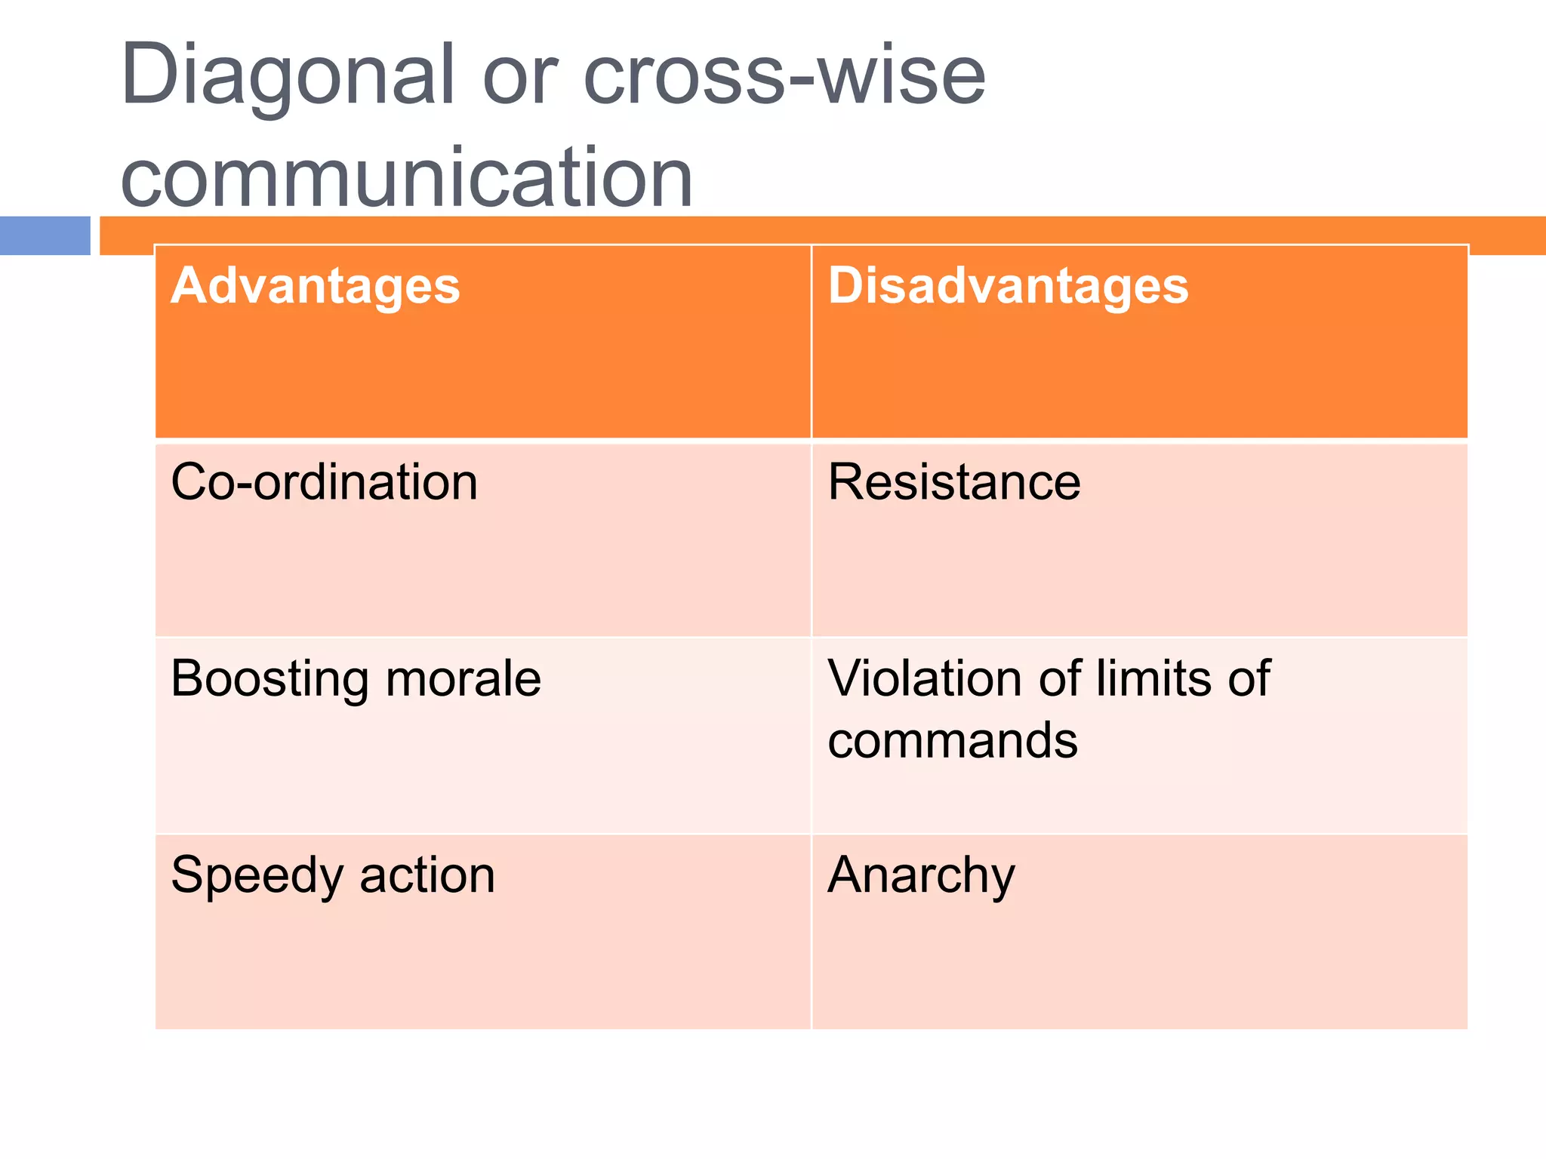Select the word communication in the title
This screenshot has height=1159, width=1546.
pyautogui.click(x=406, y=178)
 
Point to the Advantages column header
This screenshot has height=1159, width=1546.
pyautogui.click(x=315, y=287)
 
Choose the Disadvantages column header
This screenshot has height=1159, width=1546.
pyautogui.click(x=1008, y=287)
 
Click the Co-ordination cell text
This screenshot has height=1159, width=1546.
pyautogui.click(x=324, y=483)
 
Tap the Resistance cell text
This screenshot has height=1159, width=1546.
pyautogui.click(x=953, y=483)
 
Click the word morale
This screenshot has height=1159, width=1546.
pyautogui.click(x=463, y=679)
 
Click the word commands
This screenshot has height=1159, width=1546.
pyautogui.click(x=953, y=741)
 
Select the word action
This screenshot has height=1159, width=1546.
pyautogui.click(x=427, y=875)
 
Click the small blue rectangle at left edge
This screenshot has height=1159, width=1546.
pyautogui.click(x=45, y=235)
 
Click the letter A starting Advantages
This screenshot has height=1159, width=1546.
pyautogui.click(x=187, y=286)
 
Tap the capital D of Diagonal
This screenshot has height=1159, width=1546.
pyautogui.click(x=149, y=75)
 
